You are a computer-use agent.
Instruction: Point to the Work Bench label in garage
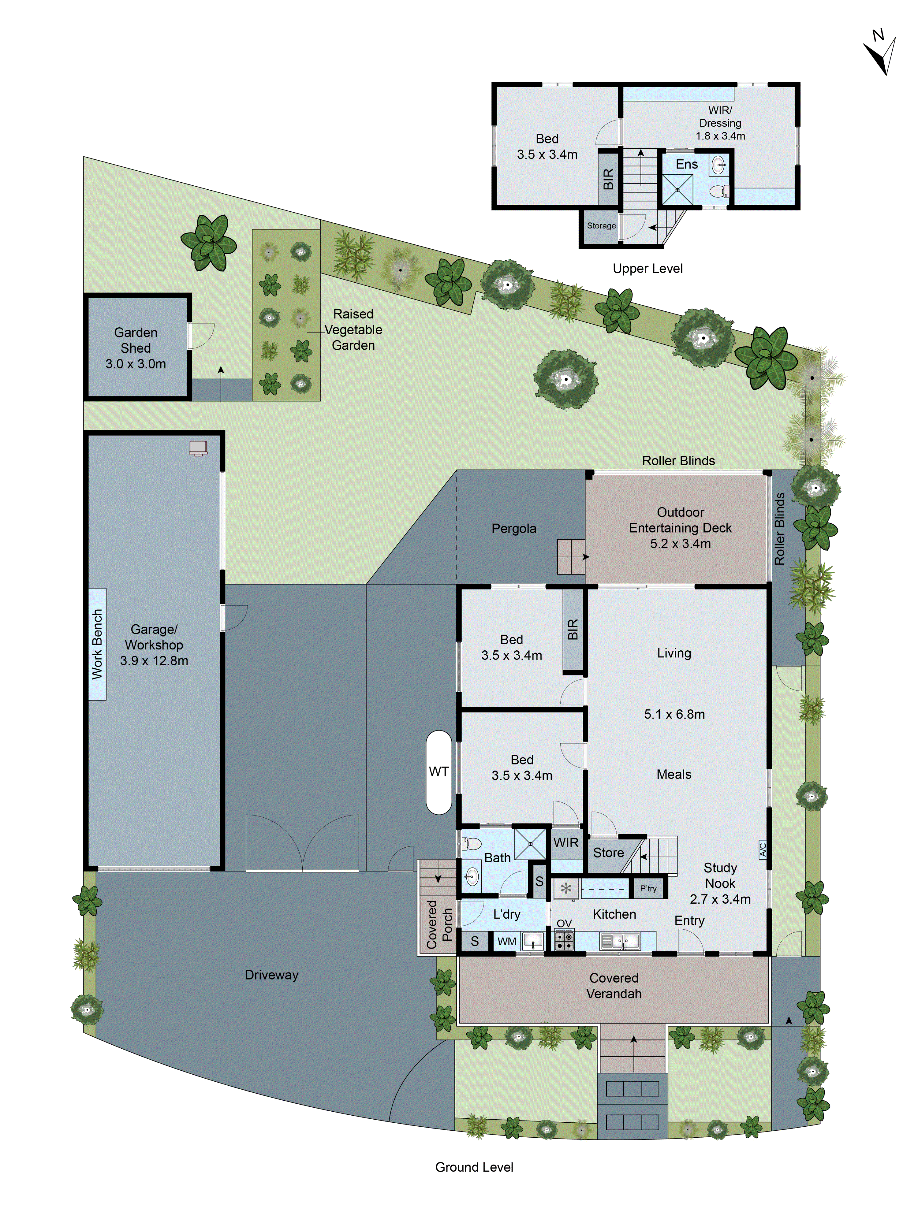[97, 644]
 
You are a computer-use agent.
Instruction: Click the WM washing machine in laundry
[506, 941]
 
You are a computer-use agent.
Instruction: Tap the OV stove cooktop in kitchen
[564, 940]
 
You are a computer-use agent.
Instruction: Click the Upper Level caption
[647, 269]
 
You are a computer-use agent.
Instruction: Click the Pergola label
[514, 529]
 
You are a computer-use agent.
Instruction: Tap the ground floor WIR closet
[566, 843]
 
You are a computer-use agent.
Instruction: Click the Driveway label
[271, 975]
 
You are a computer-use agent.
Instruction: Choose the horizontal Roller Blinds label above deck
[678, 461]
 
